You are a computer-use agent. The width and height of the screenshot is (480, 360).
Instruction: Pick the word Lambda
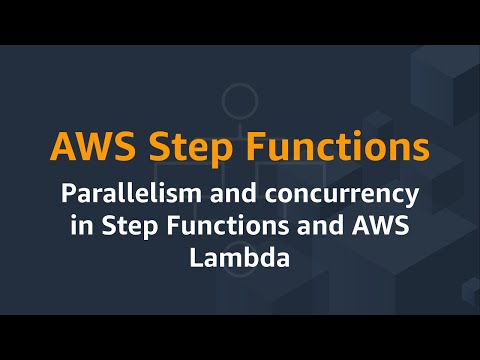pos(240,257)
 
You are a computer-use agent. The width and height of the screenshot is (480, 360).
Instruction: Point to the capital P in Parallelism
pos(70,192)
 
